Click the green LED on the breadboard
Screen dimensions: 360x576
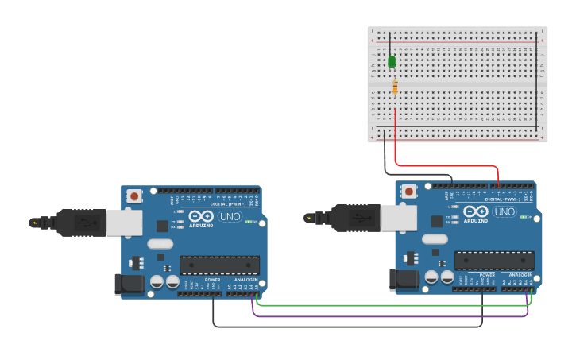tap(392, 61)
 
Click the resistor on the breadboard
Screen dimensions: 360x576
tap(395, 87)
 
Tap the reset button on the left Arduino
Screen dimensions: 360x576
tap(135, 195)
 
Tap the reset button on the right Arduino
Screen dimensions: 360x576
tap(409, 191)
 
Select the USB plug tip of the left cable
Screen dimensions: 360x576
tap(34, 223)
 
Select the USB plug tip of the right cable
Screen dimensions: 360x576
tap(309, 217)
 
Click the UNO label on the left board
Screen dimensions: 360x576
tap(230, 216)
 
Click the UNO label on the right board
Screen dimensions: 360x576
tap(504, 211)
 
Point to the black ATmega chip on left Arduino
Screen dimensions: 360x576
tap(219, 265)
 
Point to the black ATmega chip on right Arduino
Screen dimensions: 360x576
tap(493, 260)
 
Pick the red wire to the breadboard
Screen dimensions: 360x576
tap(445, 166)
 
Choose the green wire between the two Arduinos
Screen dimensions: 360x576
tap(389, 304)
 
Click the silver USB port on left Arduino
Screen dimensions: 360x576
tap(125, 223)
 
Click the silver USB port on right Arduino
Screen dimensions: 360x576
tap(399, 218)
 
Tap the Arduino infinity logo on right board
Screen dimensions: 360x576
tap(476, 211)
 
